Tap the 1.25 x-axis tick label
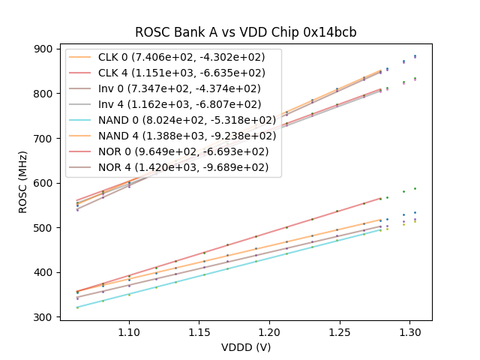pyautogui.click(x=339, y=331)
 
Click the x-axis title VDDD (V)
pyautogui.click(x=245, y=347)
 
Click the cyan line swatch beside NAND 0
pyautogui.click(x=82, y=120)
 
